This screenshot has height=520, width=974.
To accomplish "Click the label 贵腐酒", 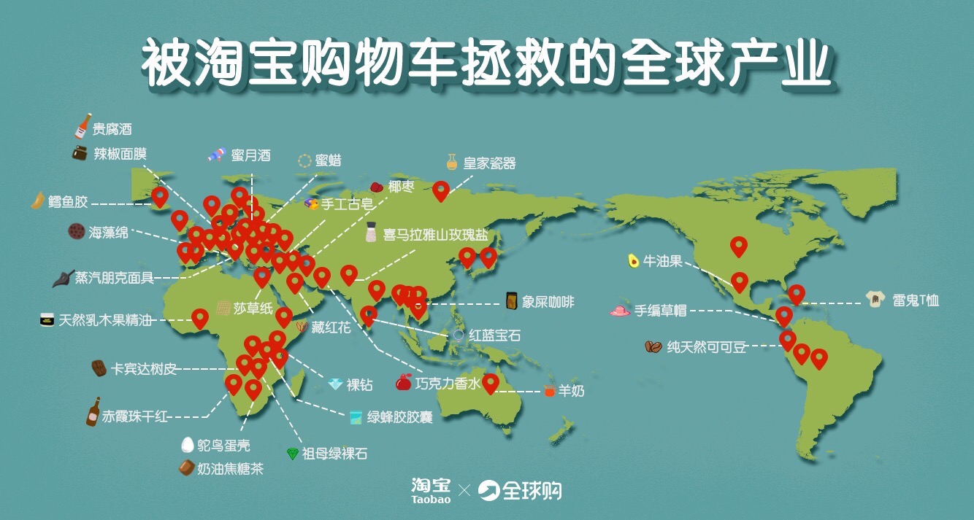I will click(112, 130).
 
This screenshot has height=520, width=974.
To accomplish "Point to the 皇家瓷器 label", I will click(489, 163).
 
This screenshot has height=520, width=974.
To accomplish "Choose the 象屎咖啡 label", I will click(549, 301).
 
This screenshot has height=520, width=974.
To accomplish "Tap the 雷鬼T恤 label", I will click(916, 300).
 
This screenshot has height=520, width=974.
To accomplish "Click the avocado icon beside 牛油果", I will click(633, 260).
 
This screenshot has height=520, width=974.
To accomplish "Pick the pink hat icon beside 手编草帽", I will click(620, 311).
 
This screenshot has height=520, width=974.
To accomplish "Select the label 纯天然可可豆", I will click(707, 347).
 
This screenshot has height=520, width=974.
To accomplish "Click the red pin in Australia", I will click(491, 383).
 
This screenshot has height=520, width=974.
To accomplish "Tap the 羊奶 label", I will click(572, 391).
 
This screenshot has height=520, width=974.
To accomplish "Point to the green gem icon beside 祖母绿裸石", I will click(293, 454).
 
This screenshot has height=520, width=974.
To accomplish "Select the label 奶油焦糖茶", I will click(230, 469).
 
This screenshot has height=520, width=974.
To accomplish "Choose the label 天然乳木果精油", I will click(104, 320).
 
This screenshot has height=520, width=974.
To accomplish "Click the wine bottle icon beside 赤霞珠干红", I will click(93, 412).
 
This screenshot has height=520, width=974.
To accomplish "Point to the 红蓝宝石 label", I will click(495, 335).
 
